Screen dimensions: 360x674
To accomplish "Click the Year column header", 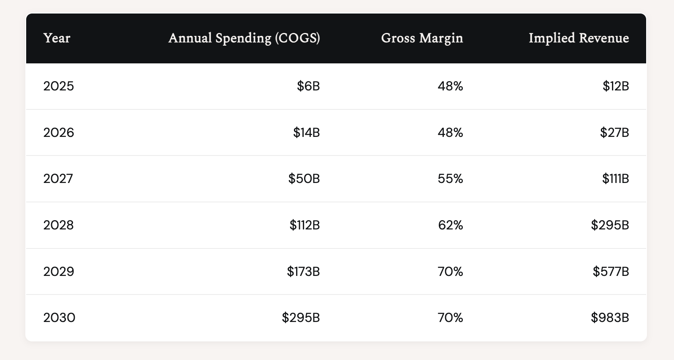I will coord(57,38).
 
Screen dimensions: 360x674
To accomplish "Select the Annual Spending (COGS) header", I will coord(244,38).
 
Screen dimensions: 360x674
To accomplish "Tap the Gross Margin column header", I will coord(422,38).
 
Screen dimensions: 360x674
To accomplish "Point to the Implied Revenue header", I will coord(579,38).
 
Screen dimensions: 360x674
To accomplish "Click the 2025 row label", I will coord(59,86).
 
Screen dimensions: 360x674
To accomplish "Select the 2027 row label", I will coord(58,179).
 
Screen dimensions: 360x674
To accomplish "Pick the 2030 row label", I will coord(59,317).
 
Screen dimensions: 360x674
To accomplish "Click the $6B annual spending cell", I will coord(308,86).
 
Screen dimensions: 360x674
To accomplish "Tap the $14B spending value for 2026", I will coord(307,133).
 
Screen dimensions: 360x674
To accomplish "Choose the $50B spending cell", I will coord(304,179).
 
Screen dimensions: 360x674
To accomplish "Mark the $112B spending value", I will coord(304,225).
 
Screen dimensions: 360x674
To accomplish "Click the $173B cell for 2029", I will coord(303,271).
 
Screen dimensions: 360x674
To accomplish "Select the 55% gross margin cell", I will coord(450,179).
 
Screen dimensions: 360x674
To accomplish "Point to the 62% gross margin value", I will coord(450,225).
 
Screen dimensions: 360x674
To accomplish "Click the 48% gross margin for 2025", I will coord(450,86).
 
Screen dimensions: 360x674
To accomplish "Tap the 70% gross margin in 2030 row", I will coord(450,317).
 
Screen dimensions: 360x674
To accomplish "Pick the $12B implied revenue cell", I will coord(616,86).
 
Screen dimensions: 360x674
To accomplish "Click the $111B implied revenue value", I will coord(615,179).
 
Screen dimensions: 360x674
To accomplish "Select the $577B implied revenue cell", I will coord(611,271).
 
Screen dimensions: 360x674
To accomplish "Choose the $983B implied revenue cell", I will coord(610,317).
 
